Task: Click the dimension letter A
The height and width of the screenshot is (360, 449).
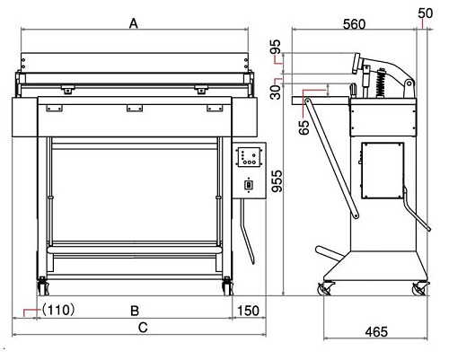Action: pyautogui.click(x=134, y=23)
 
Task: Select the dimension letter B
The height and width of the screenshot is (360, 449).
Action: pyautogui.click(x=135, y=312)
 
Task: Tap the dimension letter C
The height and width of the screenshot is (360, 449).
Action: pyautogui.click(x=143, y=328)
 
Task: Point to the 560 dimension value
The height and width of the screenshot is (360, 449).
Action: pyautogui.click(x=354, y=24)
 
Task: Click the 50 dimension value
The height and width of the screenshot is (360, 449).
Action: pyautogui.click(x=426, y=13)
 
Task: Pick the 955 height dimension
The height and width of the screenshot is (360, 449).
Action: pyautogui.click(x=277, y=181)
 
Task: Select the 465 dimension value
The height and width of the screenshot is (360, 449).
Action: pyautogui.click(x=376, y=331)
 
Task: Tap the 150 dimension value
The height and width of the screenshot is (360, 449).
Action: pyautogui.click(x=248, y=312)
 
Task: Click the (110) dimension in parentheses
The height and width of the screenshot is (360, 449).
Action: pyautogui.click(x=57, y=310)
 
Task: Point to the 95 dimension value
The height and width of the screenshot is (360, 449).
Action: pyautogui.click(x=277, y=47)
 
